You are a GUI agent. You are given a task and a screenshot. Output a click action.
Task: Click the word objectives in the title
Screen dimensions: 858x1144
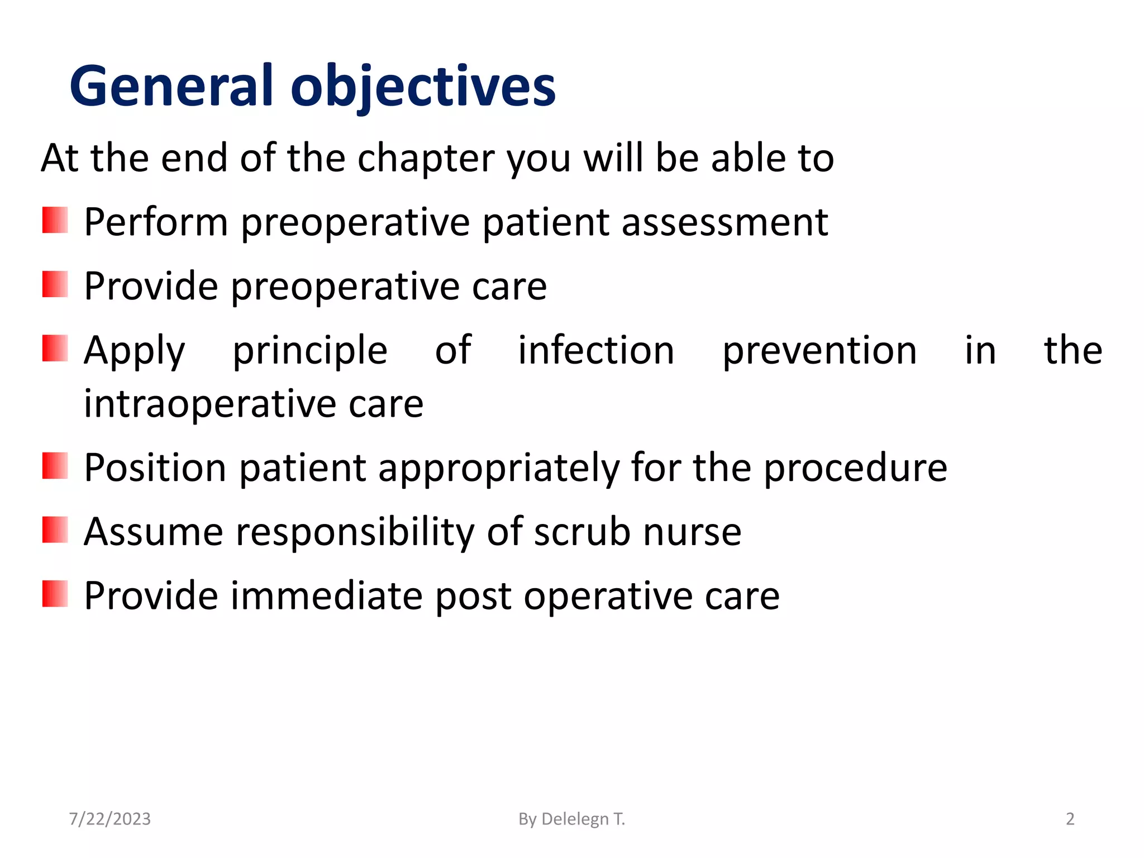(423, 87)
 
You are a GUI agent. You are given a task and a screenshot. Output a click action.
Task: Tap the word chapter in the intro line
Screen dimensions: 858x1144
(426, 159)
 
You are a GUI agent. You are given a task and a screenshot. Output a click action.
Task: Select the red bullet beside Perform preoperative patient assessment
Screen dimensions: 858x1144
(55, 220)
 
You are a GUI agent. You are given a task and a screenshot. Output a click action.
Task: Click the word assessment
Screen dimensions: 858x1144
(724, 222)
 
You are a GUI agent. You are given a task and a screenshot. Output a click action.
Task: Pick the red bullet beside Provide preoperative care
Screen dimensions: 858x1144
(55, 284)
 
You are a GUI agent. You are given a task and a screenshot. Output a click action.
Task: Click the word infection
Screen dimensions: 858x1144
(596, 351)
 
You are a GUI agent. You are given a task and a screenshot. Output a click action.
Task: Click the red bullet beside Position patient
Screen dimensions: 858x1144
(55, 466)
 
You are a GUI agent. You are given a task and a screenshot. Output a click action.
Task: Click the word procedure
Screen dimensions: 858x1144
(855, 468)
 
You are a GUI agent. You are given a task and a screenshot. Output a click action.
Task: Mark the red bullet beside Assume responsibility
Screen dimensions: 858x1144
(55, 530)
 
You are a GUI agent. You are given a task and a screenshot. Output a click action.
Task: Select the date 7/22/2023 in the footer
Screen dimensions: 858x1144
(109, 819)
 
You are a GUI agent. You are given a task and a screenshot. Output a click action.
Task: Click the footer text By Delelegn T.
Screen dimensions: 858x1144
(571, 819)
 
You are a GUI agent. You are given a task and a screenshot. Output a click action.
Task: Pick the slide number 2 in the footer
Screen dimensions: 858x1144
(1070, 819)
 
